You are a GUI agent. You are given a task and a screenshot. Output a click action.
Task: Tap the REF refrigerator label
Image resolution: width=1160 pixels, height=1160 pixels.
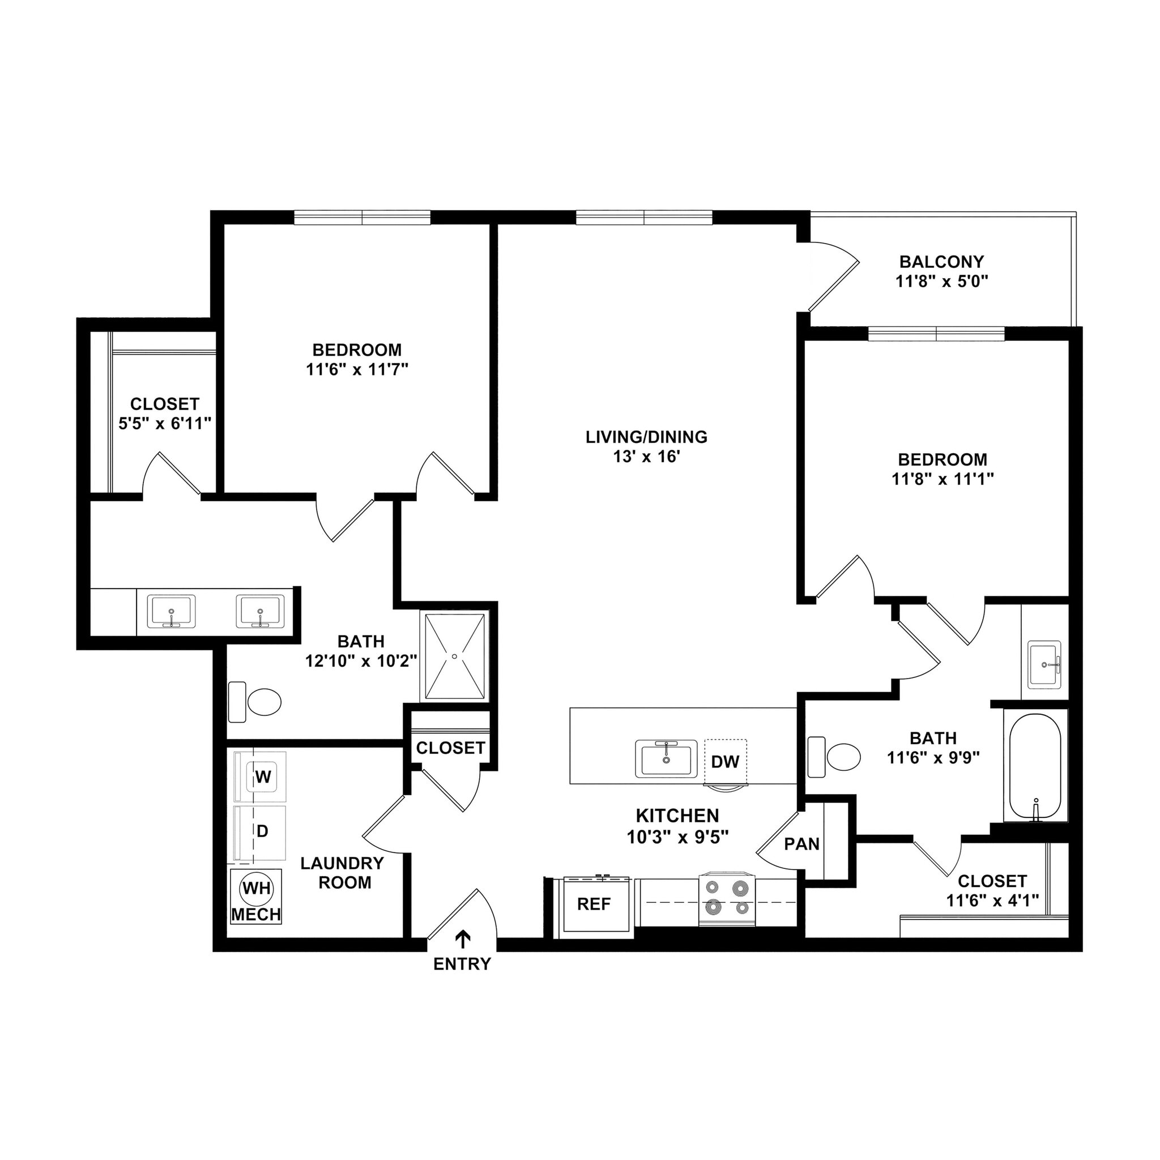tap(594, 904)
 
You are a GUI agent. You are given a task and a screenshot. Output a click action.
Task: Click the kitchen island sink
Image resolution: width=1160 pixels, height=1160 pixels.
tap(667, 759)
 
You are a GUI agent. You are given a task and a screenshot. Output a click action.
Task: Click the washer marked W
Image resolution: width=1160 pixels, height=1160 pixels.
tap(262, 777)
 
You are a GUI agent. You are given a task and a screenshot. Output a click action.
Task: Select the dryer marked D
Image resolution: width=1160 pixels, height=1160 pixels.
tap(262, 831)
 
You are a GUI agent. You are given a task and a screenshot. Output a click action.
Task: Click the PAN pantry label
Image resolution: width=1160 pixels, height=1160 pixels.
tap(801, 844)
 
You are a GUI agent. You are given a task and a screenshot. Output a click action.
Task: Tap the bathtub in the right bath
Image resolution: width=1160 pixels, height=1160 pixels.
tap(1034, 767)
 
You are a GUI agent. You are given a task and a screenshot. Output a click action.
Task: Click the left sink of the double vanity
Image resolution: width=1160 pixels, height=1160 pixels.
tap(172, 611)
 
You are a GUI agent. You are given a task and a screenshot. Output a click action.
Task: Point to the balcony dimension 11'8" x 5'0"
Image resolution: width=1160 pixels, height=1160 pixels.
tap(941, 281)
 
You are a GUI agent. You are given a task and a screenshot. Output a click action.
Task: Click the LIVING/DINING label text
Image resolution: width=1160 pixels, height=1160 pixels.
tap(646, 437)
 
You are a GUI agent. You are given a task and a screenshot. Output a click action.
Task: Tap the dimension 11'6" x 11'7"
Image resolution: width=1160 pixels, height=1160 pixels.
tap(357, 369)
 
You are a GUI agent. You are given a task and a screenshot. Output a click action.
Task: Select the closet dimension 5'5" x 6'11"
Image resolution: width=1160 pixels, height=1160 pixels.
tap(165, 424)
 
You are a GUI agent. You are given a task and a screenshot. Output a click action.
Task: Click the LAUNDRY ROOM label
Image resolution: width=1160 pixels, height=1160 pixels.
tap(342, 872)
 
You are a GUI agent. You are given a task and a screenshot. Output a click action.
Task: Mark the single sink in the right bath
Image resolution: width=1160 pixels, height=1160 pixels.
tap(1044, 664)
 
